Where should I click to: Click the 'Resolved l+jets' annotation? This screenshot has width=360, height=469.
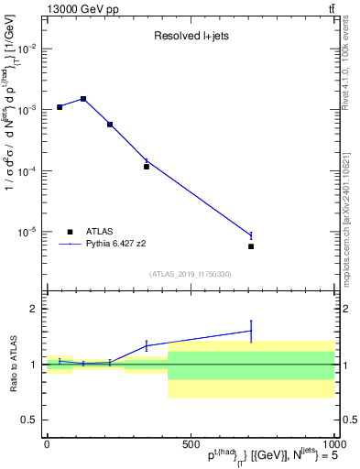tap(190, 38)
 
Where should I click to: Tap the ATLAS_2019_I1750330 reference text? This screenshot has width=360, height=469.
tap(190, 274)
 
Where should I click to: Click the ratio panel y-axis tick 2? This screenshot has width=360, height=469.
tap(33, 309)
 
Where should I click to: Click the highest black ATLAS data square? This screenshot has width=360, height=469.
tap(83, 99)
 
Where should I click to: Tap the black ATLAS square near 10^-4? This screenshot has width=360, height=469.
tap(147, 167)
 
